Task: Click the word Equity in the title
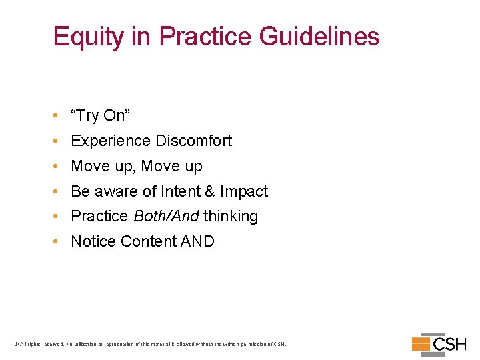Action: pyautogui.click(x=87, y=37)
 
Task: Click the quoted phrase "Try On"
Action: pyautogui.click(x=100, y=116)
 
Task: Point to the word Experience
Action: pyautogui.click(x=111, y=141)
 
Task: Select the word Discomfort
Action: pyautogui.click(x=193, y=141)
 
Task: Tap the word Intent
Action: pyautogui.click(x=181, y=192)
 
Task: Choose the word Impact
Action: pyautogui.click(x=244, y=192)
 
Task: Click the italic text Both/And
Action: pyautogui.click(x=166, y=217)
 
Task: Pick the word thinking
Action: pyautogui.click(x=231, y=217)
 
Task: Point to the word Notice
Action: pyautogui.click(x=93, y=241)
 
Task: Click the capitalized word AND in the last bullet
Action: pyautogui.click(x=197, y=241)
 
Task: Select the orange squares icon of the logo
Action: pyautogui.click(x=421, y=344)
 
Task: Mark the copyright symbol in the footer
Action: pyautogui.click(x=16, y=345)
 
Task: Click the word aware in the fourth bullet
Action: pyautogui.click(x=113, y=192)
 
